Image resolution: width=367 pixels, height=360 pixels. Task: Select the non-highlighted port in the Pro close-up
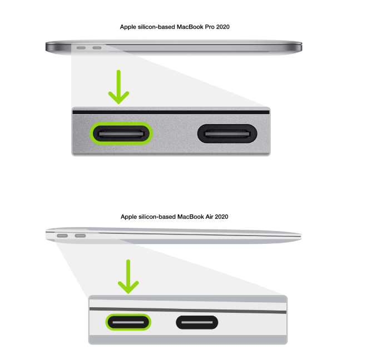[227, 133]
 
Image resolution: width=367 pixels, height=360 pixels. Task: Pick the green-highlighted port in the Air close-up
[128, 322]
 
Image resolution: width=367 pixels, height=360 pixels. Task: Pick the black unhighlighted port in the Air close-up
[197, 322]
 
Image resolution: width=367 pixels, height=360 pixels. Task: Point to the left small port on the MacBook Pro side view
[82, 48]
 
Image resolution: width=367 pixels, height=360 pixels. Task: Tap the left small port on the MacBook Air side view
[63, 236]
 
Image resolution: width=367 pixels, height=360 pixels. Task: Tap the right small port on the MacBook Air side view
[81, 236]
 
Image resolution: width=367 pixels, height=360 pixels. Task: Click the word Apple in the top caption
[129, 27]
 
